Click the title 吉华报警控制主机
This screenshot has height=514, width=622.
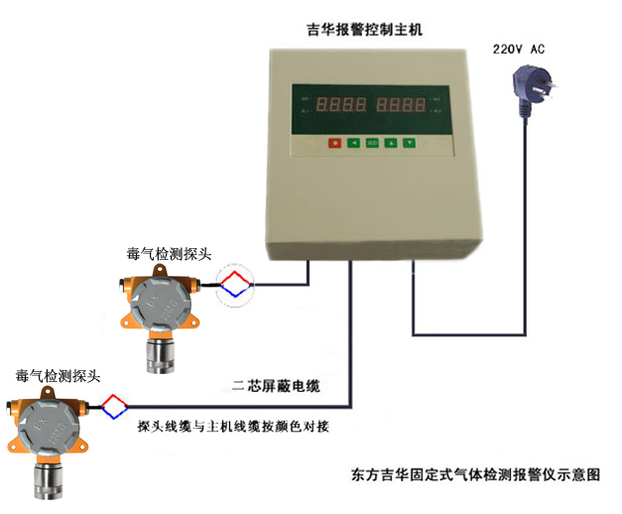click(x=364, y=30)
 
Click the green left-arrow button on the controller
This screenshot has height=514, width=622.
click(x=353, y=143)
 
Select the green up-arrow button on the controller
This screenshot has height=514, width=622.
click(x=390, y=143)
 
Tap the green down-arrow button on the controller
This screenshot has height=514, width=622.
click(x=409, y=143)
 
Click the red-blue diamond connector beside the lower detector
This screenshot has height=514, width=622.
click(x=115, y=405)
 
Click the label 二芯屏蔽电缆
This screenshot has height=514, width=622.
click(x=281, y=385)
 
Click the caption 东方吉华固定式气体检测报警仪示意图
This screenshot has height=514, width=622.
click(x=476, y=474)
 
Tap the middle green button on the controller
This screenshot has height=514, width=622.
click(x=372, y=143)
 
